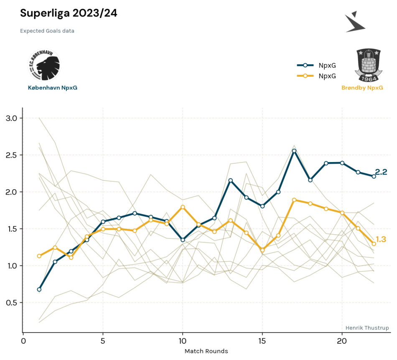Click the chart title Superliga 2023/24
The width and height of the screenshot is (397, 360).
click(69, 13)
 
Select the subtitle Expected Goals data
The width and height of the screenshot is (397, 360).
click(47, 31)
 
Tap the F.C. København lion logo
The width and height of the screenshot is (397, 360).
click(45, 65)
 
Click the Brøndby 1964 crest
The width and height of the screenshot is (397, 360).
click(368, 65)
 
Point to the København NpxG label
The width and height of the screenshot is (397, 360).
click(53, 88)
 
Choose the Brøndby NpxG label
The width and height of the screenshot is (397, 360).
click(362, 88)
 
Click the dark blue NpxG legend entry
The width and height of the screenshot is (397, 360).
click(316, 65)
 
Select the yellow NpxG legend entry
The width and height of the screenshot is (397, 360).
click(316, 76)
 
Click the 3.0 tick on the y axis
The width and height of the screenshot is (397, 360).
click(11, 118)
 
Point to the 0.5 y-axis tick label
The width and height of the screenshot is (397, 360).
click(11, 302)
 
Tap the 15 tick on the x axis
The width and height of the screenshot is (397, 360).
click(262, 341)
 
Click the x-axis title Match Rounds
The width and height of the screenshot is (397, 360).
click(206, 351)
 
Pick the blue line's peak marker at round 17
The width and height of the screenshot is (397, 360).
click(294, 151)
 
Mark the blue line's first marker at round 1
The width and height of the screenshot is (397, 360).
click(39, 289)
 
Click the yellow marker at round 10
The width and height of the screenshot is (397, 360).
click(183, 207)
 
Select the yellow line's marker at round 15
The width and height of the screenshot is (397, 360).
click(262, 250)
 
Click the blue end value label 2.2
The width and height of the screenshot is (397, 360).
click(381, 172)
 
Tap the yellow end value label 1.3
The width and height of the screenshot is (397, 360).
click(381, 239)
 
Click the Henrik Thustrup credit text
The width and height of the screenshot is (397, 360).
click(367, 328)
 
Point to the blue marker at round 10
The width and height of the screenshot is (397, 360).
click(183, 240)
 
